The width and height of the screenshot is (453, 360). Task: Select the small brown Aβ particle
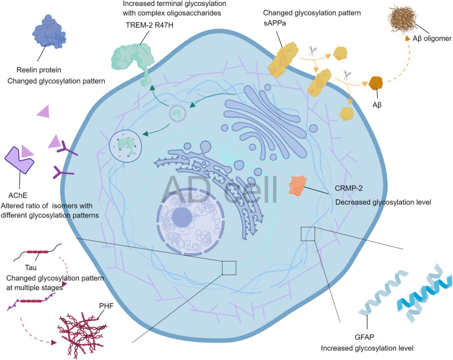[374, 84]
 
